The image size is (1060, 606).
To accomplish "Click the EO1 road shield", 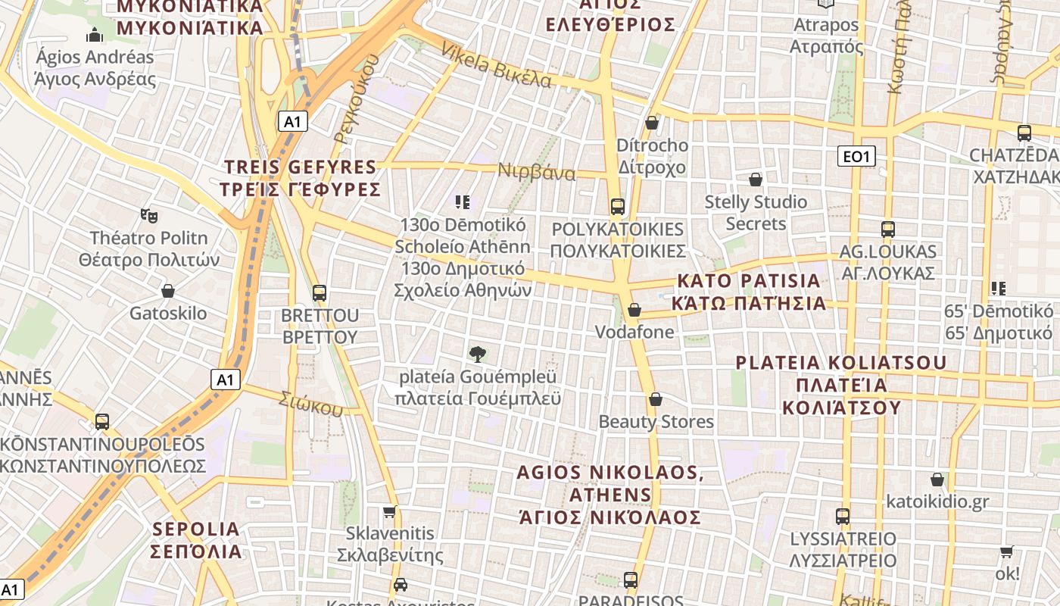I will (x=857, y=156).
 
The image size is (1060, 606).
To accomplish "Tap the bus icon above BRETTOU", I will (x=320, y=292).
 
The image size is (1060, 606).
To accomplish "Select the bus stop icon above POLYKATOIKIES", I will (x=618, y=206).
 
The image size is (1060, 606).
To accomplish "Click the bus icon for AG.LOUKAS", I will (x=887, y=229).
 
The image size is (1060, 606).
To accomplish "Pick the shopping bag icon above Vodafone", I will (x=634, y=310).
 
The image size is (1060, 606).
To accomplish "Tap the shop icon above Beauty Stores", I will (x=656, y=399).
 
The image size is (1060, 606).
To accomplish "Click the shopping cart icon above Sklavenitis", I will (x=390, y=511).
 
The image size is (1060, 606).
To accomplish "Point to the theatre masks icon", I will (x=149, y=216).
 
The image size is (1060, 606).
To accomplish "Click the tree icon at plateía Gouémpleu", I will (x=477, y=353).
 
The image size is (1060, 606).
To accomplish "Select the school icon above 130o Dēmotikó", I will (x=463, y=201).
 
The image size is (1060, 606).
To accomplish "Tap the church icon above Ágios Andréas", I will (x=95, y=35).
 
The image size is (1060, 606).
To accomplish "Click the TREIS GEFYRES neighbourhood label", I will (x=301, y=178).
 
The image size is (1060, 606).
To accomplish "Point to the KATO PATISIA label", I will (x=749, y=292).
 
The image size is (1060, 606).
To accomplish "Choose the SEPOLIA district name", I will (x=196, y=539).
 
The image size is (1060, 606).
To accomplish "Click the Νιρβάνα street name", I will (x=536, y=172).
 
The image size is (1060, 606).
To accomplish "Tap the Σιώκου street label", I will (x=310, y=404).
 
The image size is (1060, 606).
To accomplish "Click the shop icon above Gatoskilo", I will (x=168, y=291).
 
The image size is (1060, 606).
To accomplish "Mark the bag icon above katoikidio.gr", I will (x=937, y=479).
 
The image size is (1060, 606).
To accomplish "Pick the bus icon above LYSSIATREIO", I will (x=843, y=517).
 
